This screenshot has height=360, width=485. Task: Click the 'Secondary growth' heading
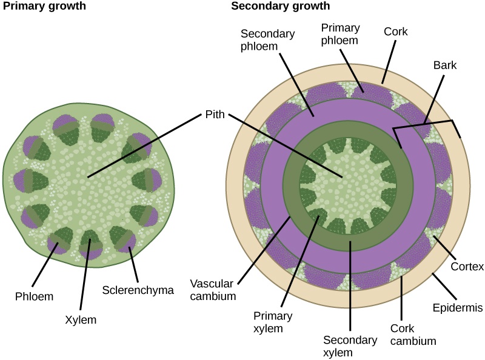click(281, 7)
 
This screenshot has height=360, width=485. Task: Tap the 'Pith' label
click(213, 113)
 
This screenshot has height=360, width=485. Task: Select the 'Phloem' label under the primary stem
click(34, 296)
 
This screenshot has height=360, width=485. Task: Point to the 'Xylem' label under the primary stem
click(81, 319)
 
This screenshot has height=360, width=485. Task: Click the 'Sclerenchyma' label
click(138, 290)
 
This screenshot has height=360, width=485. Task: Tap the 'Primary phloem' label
click(340, 34)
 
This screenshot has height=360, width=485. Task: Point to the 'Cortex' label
click(467, 267)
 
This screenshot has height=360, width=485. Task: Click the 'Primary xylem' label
click(272, 323)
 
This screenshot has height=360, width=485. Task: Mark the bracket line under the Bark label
click(424, 124)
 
